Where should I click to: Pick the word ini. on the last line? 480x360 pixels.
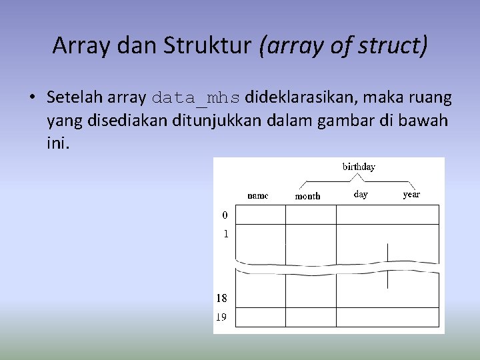point(58,143)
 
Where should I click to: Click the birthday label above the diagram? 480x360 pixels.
point(359,167)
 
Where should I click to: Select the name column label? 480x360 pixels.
point(258,195)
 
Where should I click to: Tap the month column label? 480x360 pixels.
point(307,196)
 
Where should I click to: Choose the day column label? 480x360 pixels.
point(361,195)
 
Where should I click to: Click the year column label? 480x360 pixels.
point(411,195)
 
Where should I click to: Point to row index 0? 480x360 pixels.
point(225,215)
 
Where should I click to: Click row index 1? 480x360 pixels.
point(225,234)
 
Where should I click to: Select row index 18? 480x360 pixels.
point(221,299)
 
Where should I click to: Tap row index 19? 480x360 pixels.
point(221,317)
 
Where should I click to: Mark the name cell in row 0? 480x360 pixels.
point(261,215)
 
